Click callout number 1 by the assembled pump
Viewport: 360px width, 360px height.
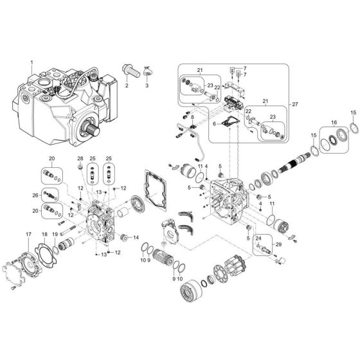pos(30,62)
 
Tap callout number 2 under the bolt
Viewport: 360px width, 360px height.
pos(127,85)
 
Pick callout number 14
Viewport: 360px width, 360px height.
pos(136,238)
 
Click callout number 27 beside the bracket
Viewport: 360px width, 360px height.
pos(295,105)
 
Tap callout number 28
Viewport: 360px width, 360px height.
pos(80,158)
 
